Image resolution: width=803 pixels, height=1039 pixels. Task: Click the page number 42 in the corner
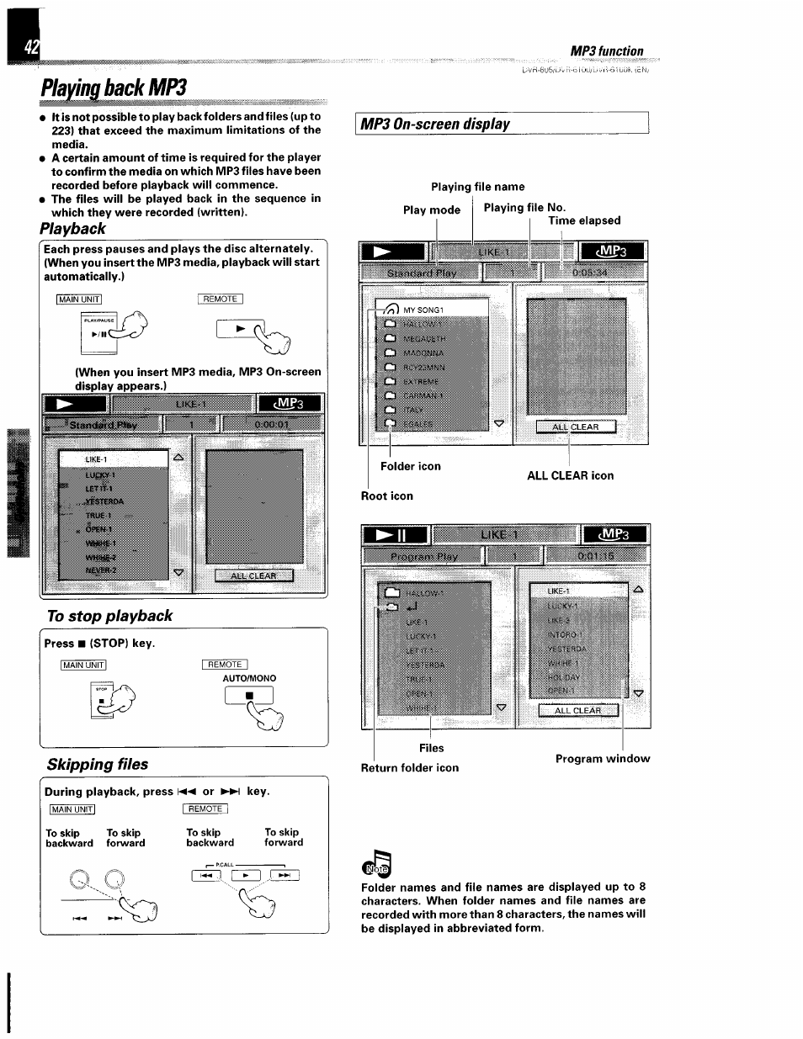point(30,49)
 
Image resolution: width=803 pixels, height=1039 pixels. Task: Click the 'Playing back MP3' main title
point(113,87)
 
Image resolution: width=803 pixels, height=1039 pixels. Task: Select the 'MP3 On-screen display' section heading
point(435,124)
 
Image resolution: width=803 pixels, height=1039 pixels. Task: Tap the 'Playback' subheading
point(73,229)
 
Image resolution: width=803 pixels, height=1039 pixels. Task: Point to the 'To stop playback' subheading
point(109,616)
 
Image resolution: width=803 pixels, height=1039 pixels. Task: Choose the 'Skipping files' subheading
point(98,764)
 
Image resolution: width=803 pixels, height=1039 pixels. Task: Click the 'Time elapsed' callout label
point(584,220)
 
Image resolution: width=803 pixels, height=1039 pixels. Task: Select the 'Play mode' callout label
point(432,210)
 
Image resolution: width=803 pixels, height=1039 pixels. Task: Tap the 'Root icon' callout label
point(387,496)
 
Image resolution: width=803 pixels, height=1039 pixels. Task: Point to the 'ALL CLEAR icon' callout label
point(570,475)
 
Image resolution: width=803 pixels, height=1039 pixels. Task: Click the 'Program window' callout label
point(603,758)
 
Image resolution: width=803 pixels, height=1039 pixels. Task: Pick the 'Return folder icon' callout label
point(410,767)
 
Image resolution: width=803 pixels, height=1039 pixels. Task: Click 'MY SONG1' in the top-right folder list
point(423,310)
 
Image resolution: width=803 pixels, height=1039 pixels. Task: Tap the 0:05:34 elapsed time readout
point(589,273)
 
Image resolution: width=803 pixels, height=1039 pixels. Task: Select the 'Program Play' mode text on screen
point(424,556)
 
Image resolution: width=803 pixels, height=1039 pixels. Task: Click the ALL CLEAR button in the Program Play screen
point(577,710)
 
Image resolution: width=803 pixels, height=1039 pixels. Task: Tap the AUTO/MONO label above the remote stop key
point(249,678)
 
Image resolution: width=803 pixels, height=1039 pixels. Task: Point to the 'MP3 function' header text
point(606,51)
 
